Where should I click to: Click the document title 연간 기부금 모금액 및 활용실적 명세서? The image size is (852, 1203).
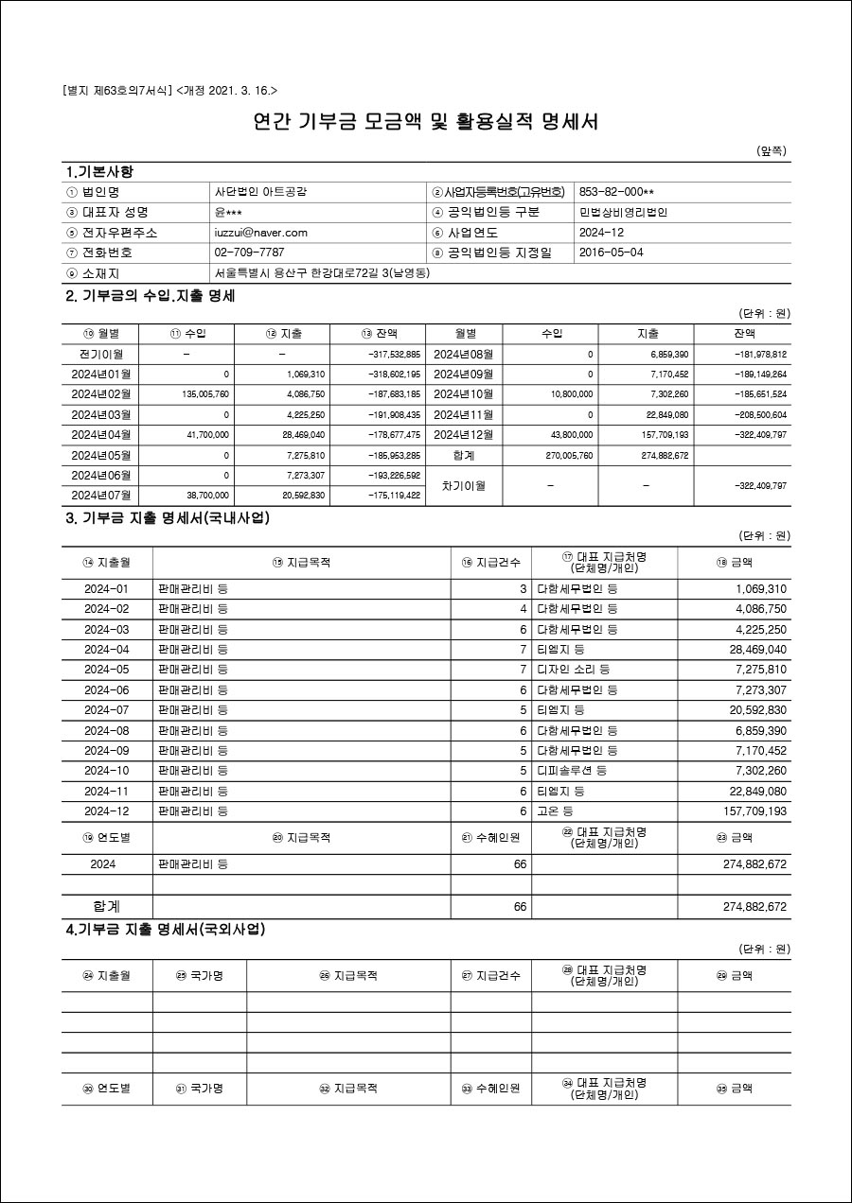coord(426,121)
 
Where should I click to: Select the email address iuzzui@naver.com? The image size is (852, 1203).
coord(260,233)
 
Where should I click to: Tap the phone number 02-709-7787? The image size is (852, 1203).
coord(249,253)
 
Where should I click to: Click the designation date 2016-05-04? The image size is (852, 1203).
coord(611,253)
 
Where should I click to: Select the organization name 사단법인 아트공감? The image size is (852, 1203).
coord(260,192)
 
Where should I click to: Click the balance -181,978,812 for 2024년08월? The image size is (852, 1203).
coord(760,355)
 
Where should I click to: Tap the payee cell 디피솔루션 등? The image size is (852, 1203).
coord(572,771)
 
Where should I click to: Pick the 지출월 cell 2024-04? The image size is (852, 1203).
coord(106,650)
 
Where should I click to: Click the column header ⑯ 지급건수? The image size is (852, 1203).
coord(490,562)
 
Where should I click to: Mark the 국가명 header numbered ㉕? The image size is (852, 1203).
coord(199,975)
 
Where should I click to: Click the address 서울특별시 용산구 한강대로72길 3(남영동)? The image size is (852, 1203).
coord(322,273)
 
